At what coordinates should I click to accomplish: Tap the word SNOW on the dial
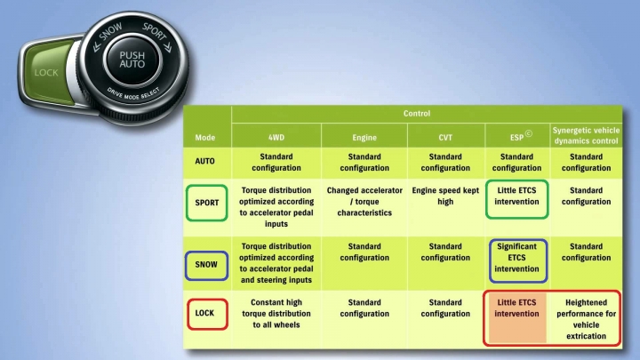pyautogui.click(x=110, y=32)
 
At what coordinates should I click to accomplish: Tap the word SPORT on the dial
pyautogui.click(x=155, y=31)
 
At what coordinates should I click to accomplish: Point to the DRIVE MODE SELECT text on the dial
pyautogui.click(x=133, y=94)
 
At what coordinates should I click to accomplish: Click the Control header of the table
pyautogui.click(x=417, y=114)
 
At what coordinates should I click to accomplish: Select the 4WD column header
pyautogui.click(x=276, y=138)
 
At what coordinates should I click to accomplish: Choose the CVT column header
pyautogui.click(x=445, y=138)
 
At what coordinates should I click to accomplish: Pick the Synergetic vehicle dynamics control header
pyautogui.click(x=586, y=135)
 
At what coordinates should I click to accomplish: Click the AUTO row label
pyautogui.click(x=205, y=161)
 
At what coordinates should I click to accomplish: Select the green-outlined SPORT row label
pyautogui.click(x=207, y=203)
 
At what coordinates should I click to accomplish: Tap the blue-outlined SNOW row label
pyautogui.click(x=206, y=265)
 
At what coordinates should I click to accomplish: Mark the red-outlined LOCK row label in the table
pyautogui.click(x=207, y=314)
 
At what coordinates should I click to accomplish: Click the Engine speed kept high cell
pyautogui.click(x=445, y=196)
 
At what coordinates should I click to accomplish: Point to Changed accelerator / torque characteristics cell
pyautogui.click(x=364, y=202)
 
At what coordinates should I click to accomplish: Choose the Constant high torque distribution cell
pyautogui.click(x=276, y=314)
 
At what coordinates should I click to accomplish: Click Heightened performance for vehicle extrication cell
pyautogui.click(x=586, y=319)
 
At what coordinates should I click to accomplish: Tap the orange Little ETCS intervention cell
pyautogui.click(x=516, y=318)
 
